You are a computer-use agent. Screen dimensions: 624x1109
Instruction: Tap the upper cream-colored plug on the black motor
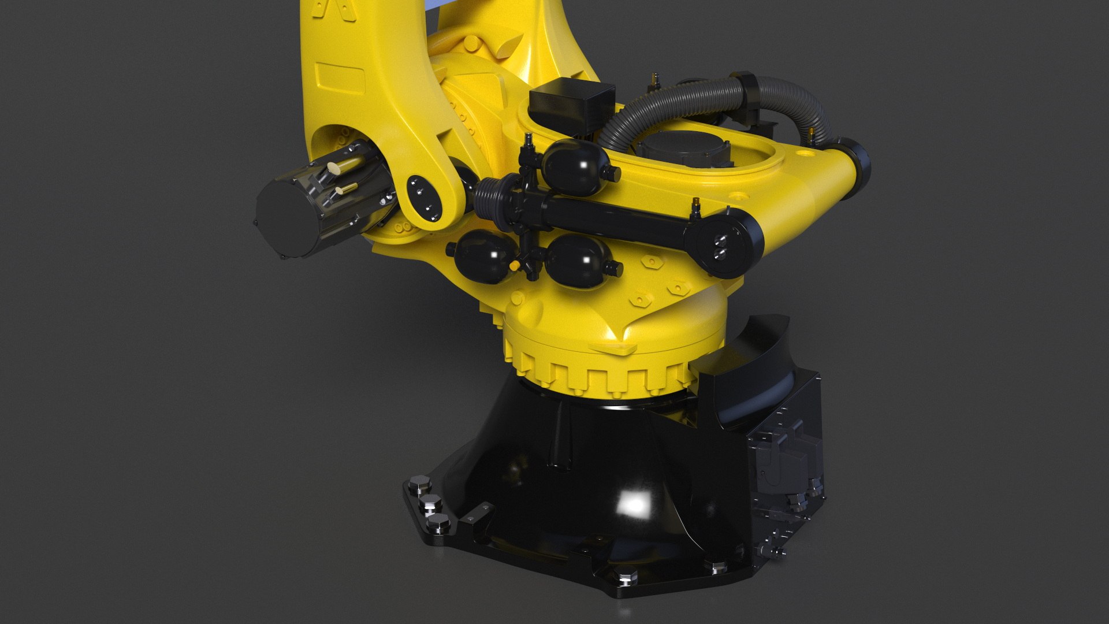334,169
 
